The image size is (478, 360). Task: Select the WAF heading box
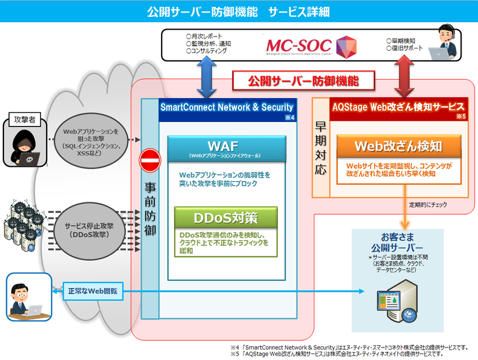[226, 148]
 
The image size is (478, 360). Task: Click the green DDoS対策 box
[226, 217]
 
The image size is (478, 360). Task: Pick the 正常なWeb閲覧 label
[89, 291]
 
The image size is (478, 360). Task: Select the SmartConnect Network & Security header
[226, 107]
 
